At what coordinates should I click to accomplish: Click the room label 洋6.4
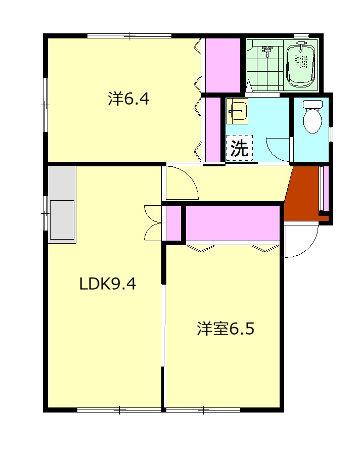click(x=128, y=99)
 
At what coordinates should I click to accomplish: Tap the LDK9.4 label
click(x=108, y=284)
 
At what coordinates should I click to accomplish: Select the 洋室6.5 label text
click(x=226, y=329)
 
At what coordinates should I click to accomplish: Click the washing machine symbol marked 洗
click(x=239, y=148)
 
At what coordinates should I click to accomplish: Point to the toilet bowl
click(x=312, y=117)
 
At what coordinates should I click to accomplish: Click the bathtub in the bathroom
click(x=300, y=65)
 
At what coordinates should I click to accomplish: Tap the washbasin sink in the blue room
click(x=237, y=111)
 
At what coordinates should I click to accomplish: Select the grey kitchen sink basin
click(x=62, y=220)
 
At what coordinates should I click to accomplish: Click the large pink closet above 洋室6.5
click(x=233, y=223)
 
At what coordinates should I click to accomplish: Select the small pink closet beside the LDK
click(x=173, y=223)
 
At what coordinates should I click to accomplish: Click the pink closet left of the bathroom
click(x=222, y=65)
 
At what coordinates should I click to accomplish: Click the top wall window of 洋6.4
click(x=129, y=36)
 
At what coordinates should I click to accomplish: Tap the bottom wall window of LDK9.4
click(x=119, y=410)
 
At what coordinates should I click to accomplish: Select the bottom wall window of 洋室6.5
click(x=203, y=410)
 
